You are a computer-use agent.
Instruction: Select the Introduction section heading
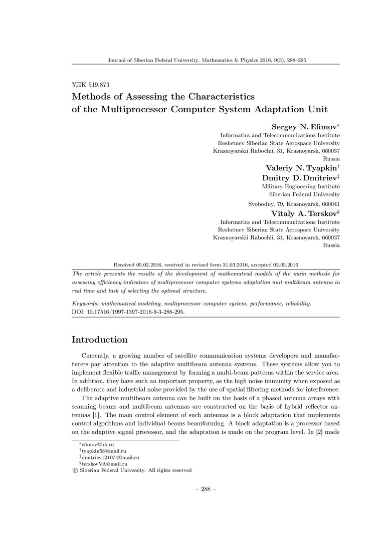(x=100, y=340)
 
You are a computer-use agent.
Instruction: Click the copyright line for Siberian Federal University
(x=132, y=470)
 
